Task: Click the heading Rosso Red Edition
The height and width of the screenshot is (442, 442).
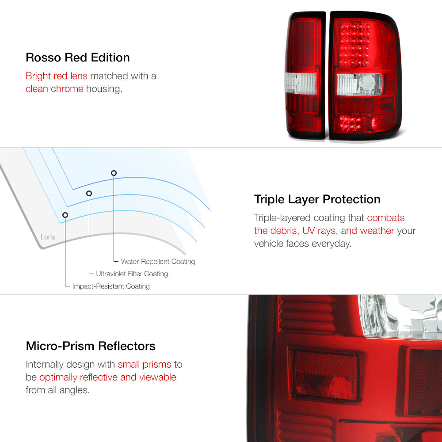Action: click(x=77, y=57)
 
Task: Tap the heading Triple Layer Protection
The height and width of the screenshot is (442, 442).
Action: click(x=317, y=199)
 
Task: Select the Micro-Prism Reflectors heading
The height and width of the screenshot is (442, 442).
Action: click(x=91, y=346)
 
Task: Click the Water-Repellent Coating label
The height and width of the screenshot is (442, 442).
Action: click(x=158, y=261)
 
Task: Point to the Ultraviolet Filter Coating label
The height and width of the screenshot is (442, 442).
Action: click(x=132, y=274)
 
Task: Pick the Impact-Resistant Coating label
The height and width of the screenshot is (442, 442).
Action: click(x=111, y=286)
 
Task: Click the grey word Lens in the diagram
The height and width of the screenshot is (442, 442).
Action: click(x=48, y=237)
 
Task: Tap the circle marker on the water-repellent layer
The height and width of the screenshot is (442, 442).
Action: click(x=114, y=173)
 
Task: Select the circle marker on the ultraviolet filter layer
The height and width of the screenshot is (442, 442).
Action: click(x=89, y=194)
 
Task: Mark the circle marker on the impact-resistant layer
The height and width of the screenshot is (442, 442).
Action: click(x=65, y=215)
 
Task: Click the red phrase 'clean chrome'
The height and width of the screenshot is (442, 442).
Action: click(x=54, y=89)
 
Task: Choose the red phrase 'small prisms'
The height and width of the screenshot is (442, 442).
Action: click(x=145, y=365)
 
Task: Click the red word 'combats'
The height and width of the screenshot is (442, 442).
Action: click(x=385, y=217)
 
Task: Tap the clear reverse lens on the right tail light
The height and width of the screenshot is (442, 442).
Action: click(x=359, y=84)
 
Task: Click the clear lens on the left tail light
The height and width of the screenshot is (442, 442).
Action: click(x=301, y=83)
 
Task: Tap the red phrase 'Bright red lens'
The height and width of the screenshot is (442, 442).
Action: click(x=57, y=76)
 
